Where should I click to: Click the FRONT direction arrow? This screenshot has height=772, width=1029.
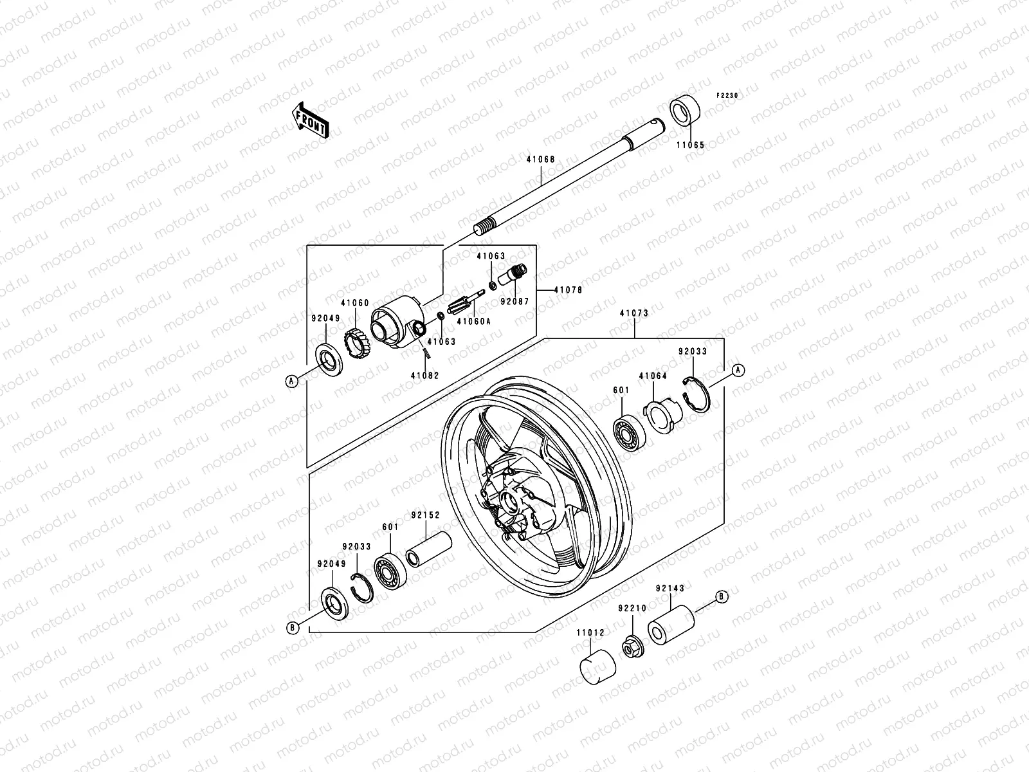[x=320, y=119]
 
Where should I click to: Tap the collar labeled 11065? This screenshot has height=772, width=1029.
[x=689, y=112]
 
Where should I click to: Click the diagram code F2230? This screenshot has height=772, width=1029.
[x=728, y=95]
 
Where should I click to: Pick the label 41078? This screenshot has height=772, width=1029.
[x=568, y=290]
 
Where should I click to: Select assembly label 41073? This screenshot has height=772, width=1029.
[x=634, y=313]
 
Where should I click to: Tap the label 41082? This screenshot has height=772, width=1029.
[x=425, y=375]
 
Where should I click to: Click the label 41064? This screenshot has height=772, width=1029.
[x=653, y=376]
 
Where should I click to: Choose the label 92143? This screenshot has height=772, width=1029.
[x=670, y=588]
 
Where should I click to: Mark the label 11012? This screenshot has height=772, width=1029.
[x=590, y=632]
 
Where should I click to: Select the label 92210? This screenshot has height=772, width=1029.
[x=632, y=607]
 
